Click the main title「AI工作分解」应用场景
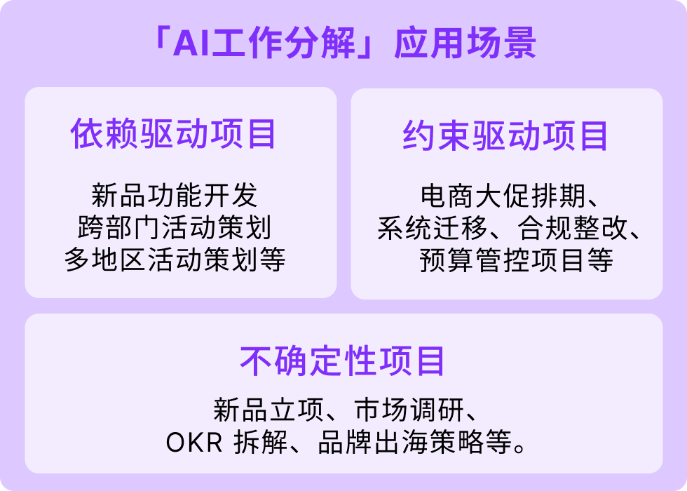point(345,43)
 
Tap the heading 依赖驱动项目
point(174,134)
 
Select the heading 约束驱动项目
point(505,135)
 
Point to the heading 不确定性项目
point(343,361)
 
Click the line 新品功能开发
point(175,195)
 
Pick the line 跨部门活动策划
point(175,227)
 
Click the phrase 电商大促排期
point(503,196)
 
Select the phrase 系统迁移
point(433,227)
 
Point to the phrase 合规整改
point(573,227)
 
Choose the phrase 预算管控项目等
point(516,260)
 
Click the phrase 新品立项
point(268,410)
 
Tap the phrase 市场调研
point(409,410)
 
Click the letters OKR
point(194,442)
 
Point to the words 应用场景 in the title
point(465,43)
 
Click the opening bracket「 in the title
point(163,37)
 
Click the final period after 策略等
point(520,448)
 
